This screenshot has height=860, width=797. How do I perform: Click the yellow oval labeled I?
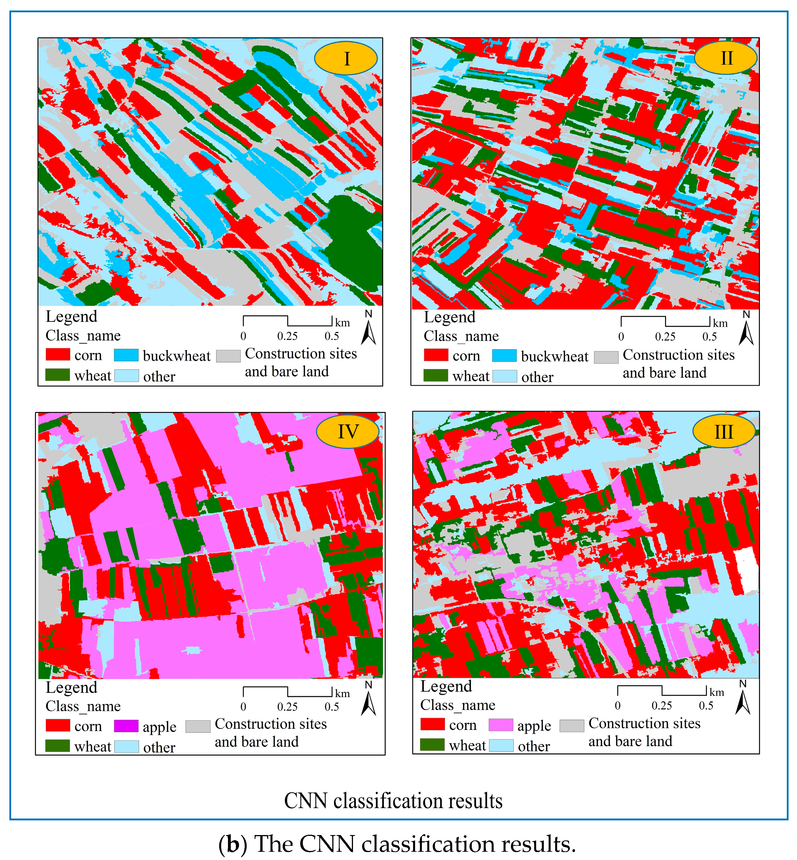click(346, 58)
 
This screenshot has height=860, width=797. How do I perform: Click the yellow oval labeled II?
click(726, 58)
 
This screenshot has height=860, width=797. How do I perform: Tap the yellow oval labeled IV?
click(348, 431)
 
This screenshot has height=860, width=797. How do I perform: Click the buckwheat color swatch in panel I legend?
click(126, 355)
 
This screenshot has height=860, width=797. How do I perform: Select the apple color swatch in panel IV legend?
click(126, 726)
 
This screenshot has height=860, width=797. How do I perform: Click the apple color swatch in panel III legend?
click(501, 725)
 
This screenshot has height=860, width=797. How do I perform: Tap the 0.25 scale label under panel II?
click(665, 336)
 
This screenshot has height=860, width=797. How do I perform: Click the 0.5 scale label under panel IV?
click(332, 707)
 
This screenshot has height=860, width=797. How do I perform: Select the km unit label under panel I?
click(343, 323)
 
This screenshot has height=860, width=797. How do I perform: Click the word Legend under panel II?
click(449, 317)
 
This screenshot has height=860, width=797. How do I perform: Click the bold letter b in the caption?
click(233, 844)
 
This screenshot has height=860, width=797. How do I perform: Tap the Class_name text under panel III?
click(458, 705)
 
